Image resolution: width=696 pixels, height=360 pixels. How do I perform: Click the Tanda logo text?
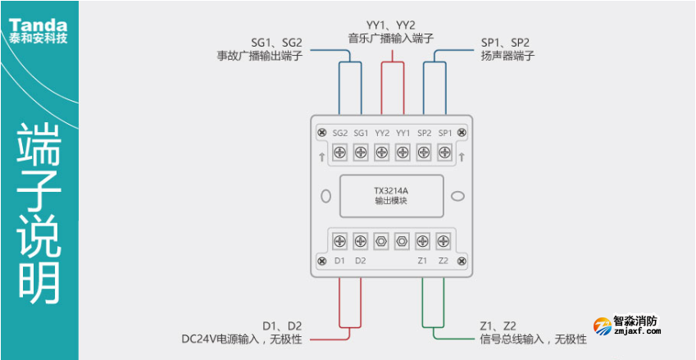click(39, 20)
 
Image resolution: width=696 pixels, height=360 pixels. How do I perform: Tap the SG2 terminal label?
click(341, 133)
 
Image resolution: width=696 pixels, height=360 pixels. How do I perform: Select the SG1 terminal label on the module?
click(362, 133)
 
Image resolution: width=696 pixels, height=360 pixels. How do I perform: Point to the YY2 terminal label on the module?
click(382, 133)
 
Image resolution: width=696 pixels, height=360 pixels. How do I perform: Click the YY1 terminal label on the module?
click(403, 133)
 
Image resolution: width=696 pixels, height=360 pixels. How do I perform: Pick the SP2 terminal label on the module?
click(424, 133)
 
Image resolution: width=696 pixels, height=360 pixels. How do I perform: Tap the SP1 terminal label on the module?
click(444, 133)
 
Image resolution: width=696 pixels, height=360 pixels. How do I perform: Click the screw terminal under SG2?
click(339, 152)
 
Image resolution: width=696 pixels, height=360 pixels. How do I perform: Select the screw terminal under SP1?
click(444, 152)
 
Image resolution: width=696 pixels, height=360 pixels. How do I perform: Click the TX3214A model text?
click(391, 191)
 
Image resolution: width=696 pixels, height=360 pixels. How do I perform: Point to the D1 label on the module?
click(340, 261)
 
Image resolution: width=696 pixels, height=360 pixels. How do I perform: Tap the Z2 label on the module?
click(444, 261)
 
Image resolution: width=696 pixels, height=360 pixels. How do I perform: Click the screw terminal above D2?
click(361, 241)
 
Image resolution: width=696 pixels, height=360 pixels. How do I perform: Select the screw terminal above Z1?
click(423, 241)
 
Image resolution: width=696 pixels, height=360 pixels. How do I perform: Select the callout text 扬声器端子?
click(508, 57)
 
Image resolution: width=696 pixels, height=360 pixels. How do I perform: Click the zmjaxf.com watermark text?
click(637, 332)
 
